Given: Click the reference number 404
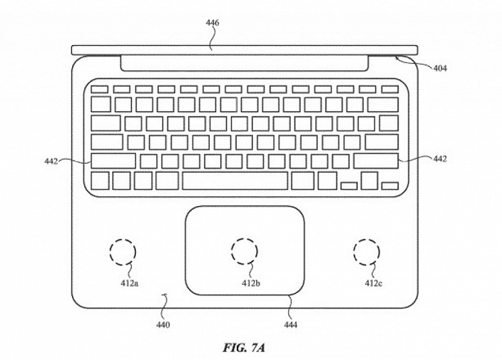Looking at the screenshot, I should [x=440, y=68].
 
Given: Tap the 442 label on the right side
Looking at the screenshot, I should [x=440, y=158].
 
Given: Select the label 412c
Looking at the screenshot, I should [x=375, y=283].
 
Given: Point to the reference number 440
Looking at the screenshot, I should [x=162, y=325].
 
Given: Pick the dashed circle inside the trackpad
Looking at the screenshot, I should [x=245, y=251].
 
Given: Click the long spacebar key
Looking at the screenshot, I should [x=234, y=180].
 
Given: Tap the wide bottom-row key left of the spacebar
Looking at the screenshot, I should [x=166, y=180].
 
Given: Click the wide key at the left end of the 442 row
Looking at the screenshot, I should [x=113, y=160].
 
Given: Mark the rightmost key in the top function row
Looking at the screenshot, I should [x=389, y=88].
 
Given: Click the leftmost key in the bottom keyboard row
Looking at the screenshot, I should [x=100, y=180].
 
